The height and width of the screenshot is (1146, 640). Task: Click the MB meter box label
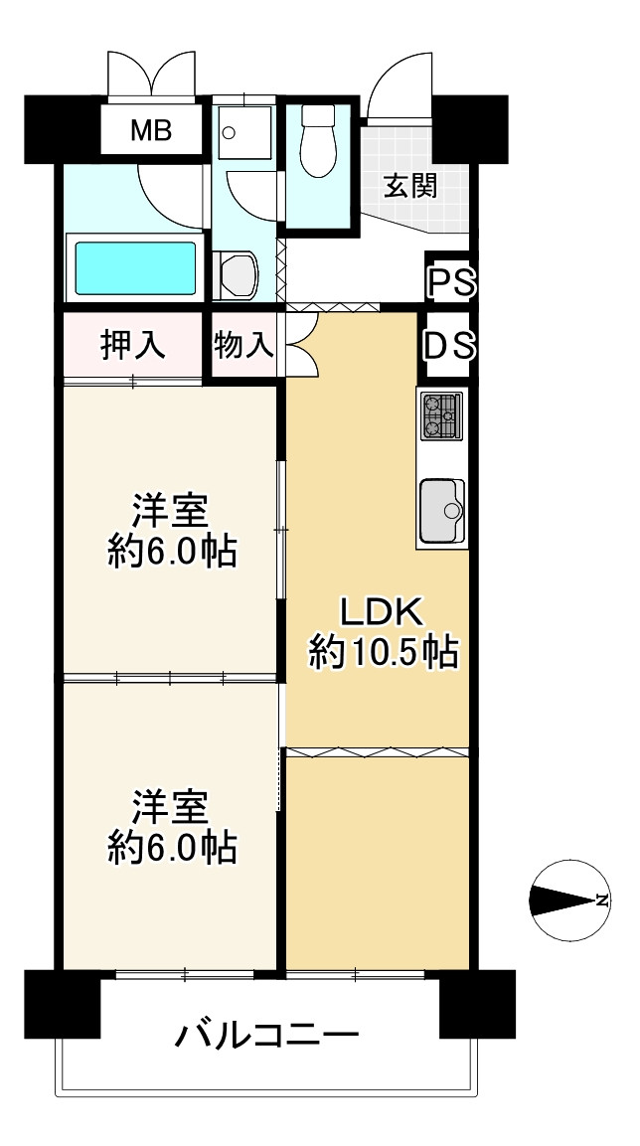tap(151, 131)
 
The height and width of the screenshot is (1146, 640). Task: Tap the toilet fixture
tap(318, 141)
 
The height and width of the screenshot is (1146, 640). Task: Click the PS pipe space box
tap(451, 280)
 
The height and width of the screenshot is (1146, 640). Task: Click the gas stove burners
tap(440, 415)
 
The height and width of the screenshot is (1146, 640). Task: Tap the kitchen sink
tap(442, 510)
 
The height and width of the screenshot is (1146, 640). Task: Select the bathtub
tap(135, 267)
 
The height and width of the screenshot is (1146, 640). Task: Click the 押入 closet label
tap(133, 344)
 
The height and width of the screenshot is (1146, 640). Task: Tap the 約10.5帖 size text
tap(384, 652)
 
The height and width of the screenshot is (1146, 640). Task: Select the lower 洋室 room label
tap(171, 807)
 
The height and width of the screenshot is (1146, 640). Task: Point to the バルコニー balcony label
tap(267, 1035)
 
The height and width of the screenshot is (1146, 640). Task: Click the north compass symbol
tap(569, 900)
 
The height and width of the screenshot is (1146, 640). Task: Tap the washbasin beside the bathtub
tap(236, 274)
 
